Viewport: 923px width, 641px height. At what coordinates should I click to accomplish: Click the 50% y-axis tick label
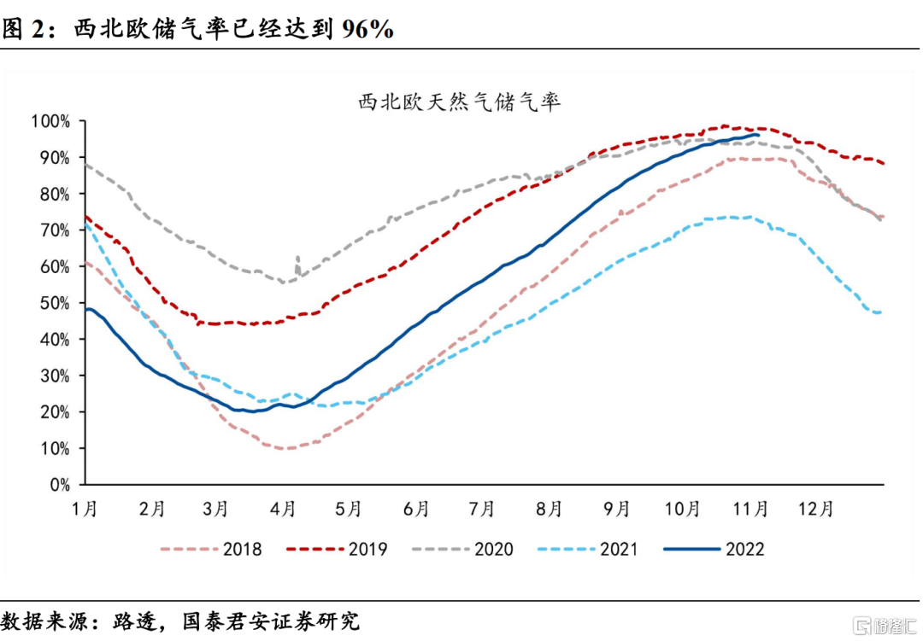pyautogui.click(x=55, y=303)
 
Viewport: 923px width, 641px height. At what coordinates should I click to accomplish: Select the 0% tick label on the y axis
pyautogui.click(x=59, y=485)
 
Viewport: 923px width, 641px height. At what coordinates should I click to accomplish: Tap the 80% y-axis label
pyautogui.click(x=55, y=194)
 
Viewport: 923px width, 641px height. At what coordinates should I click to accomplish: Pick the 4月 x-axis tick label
pyautogui.click(x=283, y=509)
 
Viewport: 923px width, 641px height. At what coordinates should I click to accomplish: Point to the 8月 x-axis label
pyautogui.click(x=549, y=509)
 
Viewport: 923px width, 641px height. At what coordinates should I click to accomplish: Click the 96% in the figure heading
pyautogui.click(x=367, y=29)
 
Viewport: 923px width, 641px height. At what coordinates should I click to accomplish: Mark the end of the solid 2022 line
pyautogui.click(x=758, y=135)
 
